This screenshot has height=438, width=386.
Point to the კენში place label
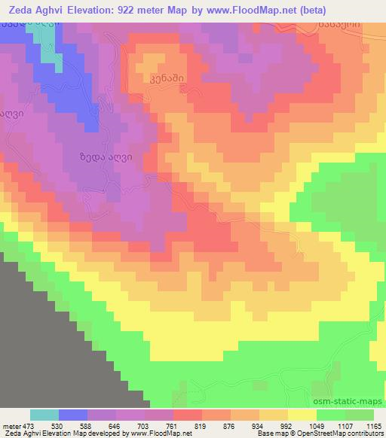tap(165, 78)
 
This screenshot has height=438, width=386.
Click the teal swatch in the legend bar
tap(44, 415)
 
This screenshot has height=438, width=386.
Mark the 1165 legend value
tap(374, 425)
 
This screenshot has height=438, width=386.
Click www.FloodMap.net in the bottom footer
tap(161, 434)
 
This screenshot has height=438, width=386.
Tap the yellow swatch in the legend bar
tap(302, 415)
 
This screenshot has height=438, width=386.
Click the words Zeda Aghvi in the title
tap(35, 10)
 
